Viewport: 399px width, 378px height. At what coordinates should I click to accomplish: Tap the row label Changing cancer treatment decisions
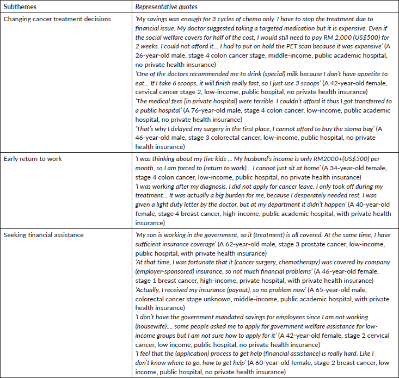point(57,20)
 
